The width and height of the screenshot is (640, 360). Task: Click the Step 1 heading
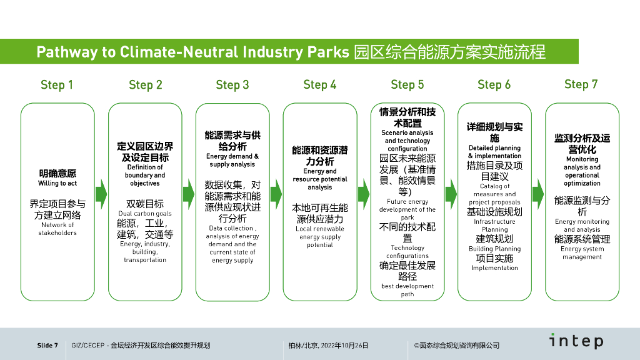[x=57, y=85]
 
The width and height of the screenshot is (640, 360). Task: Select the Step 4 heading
[x=319, y=85]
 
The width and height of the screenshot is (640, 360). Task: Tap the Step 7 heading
[x=581, y=84]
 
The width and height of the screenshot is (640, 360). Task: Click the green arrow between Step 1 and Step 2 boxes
[x=101, y=194]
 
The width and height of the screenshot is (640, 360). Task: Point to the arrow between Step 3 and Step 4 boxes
[x=276, y=194]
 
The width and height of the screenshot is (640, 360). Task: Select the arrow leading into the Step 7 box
[x=538, y=194]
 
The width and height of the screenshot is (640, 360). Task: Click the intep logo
[x=576, y=341]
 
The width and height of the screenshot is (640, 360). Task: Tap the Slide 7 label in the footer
[x=47, y=345]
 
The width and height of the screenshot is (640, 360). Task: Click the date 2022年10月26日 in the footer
[x=344, y=345]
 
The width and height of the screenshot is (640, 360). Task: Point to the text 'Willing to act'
[x=57, y=183]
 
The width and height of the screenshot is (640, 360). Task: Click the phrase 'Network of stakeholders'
[x=57, y=229]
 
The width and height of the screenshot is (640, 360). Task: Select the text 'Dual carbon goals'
[x=145, y=214]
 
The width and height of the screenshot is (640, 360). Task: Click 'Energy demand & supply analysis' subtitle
[x=232, y=160]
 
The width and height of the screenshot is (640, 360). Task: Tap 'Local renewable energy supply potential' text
[x=320, y=237]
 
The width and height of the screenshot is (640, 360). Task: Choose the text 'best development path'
[x=407, y=290]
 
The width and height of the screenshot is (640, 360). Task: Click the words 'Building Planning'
[x=495, y=249]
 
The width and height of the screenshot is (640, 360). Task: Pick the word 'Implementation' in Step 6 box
[x=495, y=267]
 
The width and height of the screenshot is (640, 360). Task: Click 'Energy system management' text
[x=582, y=252]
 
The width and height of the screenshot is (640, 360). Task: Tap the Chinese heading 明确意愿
[x=57, y=174]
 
